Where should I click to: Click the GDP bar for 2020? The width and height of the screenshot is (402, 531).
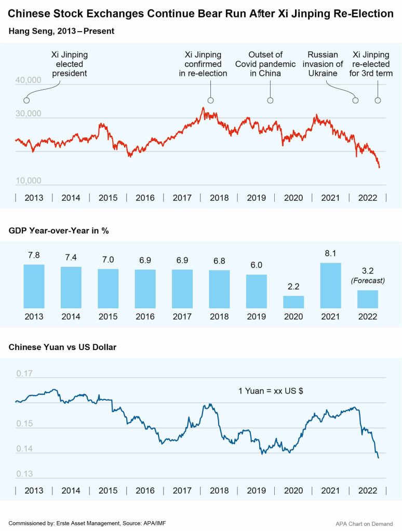(293, 302)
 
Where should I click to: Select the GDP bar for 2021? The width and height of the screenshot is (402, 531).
(330, 286)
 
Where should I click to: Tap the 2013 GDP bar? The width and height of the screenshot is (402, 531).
(34, 287)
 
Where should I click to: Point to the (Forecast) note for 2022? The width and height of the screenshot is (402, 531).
(367, 281)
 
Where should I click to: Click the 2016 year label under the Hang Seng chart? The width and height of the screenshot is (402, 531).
(145, 198)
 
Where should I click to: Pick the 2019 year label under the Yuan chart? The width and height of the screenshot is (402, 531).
(257, 491)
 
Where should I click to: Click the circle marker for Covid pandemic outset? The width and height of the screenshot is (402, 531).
(270, 100)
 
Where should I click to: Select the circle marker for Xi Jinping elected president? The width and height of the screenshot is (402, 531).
(26, 100)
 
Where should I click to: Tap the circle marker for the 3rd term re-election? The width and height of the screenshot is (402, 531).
(378, 100)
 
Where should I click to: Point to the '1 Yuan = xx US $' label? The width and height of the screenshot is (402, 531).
(271, 391)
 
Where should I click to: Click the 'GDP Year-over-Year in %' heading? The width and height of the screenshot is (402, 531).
(59, 231)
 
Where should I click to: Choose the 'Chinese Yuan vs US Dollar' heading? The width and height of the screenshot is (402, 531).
(62, 347)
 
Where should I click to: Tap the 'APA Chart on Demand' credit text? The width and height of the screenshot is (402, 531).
(364, 524)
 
